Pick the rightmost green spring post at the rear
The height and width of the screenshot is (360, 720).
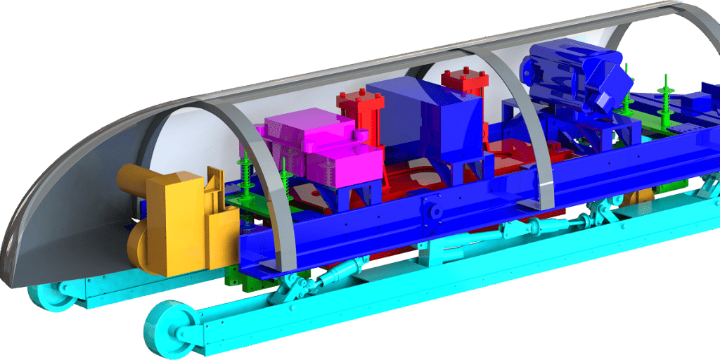(x=664, y=95)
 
